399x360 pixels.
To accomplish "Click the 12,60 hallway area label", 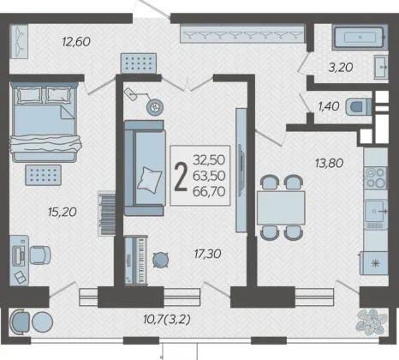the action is (76, 42).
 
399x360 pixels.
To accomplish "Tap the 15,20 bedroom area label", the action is (63, 212).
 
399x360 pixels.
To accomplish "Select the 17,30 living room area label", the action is (207, 254).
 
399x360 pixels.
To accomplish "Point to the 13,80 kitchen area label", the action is (329, 163).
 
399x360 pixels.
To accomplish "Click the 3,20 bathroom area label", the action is (341, 68).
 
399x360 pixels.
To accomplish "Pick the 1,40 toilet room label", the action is (329, 106).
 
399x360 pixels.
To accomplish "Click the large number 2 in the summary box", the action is (181, 177).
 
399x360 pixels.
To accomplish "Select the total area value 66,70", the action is (209, 191).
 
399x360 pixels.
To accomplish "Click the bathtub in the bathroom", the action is (360, 37).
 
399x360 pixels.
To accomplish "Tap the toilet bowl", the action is (359, 107).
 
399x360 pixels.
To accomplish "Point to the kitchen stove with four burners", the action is (375, 177).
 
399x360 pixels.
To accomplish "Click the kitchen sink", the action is (376, 212).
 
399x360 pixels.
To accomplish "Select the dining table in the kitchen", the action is (281, 207).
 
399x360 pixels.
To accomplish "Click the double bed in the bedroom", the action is (45, 122).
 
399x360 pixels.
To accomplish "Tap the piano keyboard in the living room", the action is (136, 261).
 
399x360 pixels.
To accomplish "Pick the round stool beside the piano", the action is (160, 260).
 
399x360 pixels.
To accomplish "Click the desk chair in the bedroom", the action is (40, 255).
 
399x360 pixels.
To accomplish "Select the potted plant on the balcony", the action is (372, 321).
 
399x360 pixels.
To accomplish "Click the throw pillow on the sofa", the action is (149, 180).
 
